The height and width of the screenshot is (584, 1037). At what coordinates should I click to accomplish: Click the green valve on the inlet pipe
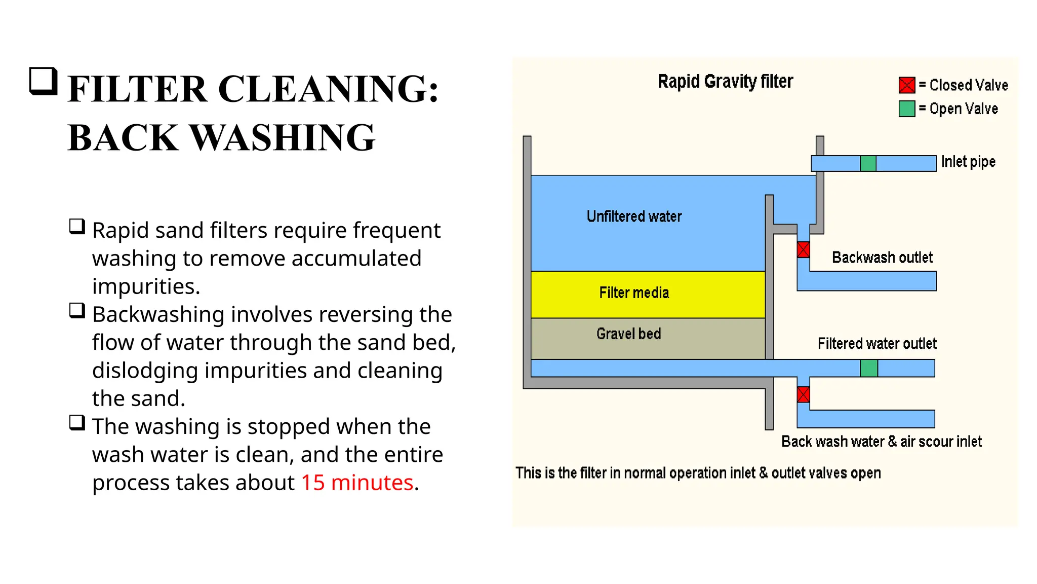click(x=868, y=163)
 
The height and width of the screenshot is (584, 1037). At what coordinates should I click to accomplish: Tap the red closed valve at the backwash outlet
click(x=803, y=250)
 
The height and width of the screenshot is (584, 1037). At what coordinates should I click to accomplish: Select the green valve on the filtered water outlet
click(x=869, y=368)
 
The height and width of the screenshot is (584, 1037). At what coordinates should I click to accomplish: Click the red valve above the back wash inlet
click(x=803, y=394)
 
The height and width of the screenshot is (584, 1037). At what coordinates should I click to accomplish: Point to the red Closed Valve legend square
click(x=906, y=85)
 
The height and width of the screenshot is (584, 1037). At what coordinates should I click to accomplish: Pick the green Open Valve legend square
click(x=906, y=109)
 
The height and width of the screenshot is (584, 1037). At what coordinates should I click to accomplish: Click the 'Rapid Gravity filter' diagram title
click(x=725, y=82)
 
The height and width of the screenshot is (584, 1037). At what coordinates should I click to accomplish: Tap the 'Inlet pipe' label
click(x=968, y=162)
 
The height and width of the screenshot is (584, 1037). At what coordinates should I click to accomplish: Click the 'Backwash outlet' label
click(x=882, y=258)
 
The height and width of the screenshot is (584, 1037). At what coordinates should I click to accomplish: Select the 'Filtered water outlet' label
click(x=876, y=344)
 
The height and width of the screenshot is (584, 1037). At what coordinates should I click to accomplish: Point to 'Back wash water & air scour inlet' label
click(x=881, y=442)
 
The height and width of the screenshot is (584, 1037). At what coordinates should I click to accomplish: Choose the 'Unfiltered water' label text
click(x=634, y=216)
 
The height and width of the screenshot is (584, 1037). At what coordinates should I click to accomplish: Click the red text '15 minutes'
click(x=357, y=483)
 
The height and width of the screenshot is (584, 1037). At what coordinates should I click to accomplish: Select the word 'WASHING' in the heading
click(x=282, y=137)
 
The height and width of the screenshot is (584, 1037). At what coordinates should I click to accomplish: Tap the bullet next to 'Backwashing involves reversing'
click(x=77, y=310)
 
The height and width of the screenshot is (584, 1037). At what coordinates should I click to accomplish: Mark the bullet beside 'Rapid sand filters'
click(x=77, y=226)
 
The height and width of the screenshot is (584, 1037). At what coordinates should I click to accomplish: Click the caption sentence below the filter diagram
click(x=698, y=473)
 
